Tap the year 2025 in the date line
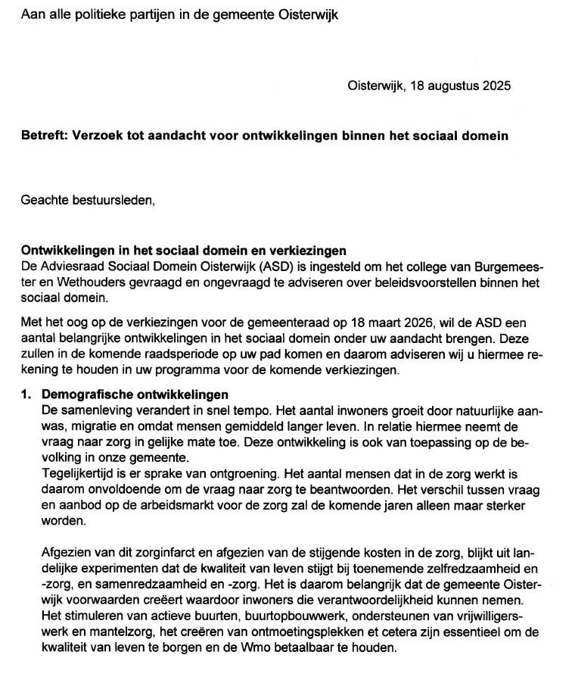click(x=494, y=86)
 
